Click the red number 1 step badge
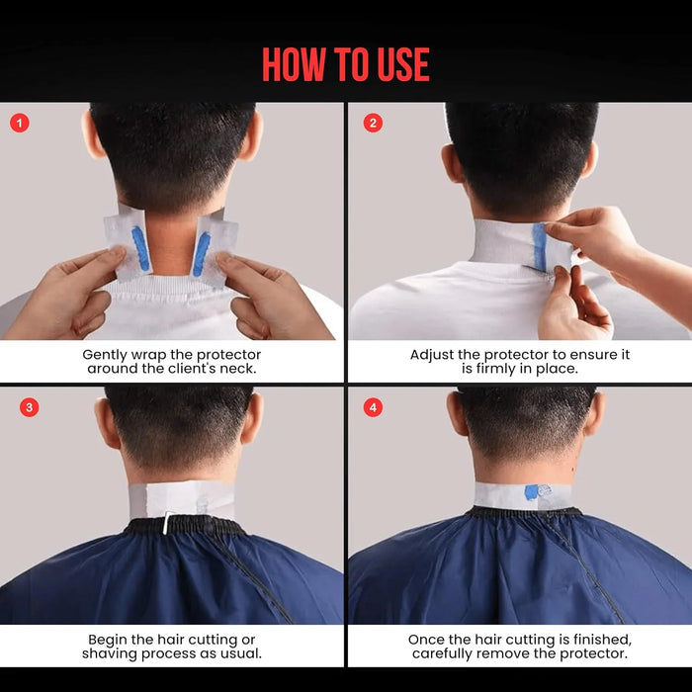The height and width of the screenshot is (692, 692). click(20, 124)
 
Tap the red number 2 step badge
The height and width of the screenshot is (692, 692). click(373, 124)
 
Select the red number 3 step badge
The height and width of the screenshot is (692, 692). click(29, 407)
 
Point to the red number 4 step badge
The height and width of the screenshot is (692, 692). click(373, 407)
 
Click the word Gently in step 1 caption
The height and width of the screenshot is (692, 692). click(106, 354)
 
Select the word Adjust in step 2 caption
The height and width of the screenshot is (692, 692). click(433, 354)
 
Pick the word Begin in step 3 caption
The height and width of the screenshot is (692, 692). click(109, 640)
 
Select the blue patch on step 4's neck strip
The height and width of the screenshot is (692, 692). click(540, 492)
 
